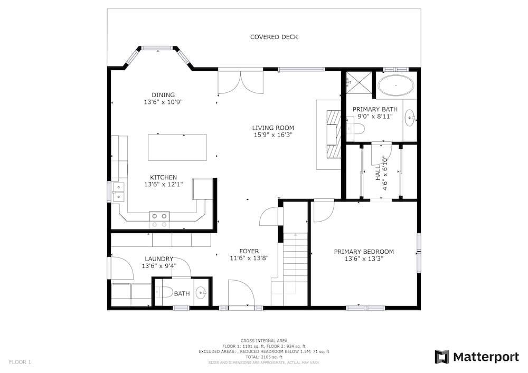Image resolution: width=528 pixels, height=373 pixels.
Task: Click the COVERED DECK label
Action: [274, 37]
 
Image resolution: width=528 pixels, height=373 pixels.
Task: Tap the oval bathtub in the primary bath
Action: [395, 85]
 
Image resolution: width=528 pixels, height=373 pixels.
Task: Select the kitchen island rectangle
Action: [177, 147]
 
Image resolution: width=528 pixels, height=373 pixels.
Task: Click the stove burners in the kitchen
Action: [159, 220]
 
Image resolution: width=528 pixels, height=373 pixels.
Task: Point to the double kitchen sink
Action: [118, 192]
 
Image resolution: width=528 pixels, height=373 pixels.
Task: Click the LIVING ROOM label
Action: [273, 128]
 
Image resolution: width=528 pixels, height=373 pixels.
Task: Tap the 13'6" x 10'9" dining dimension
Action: [163, 102]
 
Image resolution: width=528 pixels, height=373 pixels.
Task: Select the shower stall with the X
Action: [359, 83]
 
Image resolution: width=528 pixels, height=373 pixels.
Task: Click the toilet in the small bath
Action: [164, 292]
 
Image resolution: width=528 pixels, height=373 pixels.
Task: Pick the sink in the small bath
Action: [201, 293]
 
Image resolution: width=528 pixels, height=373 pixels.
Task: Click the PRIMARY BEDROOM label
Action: [364, 252]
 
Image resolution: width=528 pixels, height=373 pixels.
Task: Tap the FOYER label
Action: [249, 251]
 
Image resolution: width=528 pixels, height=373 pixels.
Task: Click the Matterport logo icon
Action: [442, 357]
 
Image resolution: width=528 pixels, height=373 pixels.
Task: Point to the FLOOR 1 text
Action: [20, 362]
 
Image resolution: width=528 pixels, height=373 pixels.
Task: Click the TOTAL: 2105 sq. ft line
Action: [264, 357]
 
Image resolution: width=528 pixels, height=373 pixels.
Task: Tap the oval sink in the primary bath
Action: [410, 118]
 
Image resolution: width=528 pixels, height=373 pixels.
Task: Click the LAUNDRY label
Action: [159, 259]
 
